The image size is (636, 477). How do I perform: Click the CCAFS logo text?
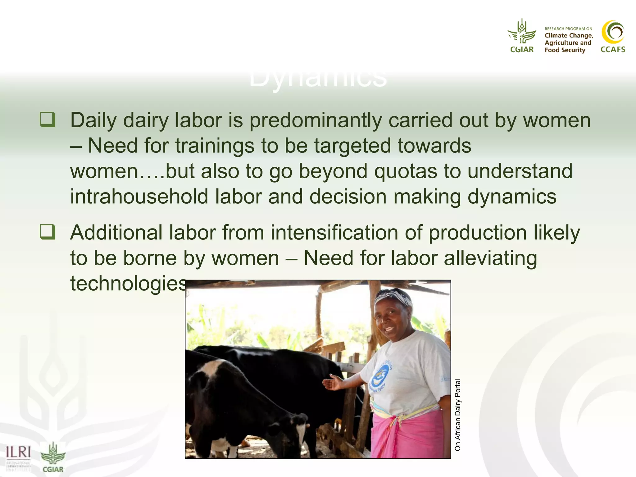point(613,49)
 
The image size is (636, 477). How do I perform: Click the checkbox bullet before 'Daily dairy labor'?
point(48,120)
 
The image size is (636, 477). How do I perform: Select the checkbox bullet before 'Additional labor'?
point(48,232)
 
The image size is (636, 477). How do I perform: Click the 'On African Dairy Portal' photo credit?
point(458,415)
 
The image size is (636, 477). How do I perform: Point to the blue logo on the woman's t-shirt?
point(381,375)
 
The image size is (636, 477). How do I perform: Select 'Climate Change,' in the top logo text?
point(569,36)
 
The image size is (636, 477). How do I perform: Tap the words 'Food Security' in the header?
point(565,50)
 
